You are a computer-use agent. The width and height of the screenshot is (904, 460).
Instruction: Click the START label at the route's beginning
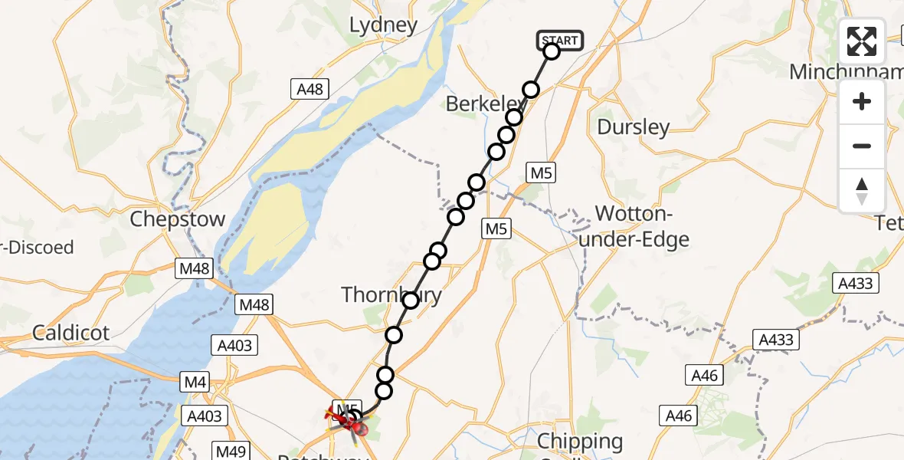coord(561,40)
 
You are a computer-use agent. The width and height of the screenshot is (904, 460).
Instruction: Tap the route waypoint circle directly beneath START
coord(552,51)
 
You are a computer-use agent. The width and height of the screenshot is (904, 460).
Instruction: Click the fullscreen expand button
coord(862,41)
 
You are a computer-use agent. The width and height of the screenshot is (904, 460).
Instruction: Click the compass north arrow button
coord(862,191)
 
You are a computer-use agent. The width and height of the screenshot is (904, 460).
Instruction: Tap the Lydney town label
coord(383,25)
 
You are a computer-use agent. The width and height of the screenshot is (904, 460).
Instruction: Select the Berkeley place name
coord(483,103)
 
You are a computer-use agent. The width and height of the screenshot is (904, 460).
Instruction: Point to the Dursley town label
coord(633,127)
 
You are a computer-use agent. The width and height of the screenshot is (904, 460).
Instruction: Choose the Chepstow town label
coord(178,219)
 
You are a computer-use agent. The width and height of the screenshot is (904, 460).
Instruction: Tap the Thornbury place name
coord(391,295)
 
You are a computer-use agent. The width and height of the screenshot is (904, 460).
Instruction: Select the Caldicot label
coord(70,333)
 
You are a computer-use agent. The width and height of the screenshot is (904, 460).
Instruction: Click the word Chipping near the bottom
coord(580,441)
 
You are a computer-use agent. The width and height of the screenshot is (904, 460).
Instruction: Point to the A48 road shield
coord(311,90)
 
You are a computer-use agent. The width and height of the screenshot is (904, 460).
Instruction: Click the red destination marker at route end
coord(358,429)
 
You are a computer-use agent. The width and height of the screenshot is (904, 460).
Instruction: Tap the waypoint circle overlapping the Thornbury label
coord(411,301)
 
